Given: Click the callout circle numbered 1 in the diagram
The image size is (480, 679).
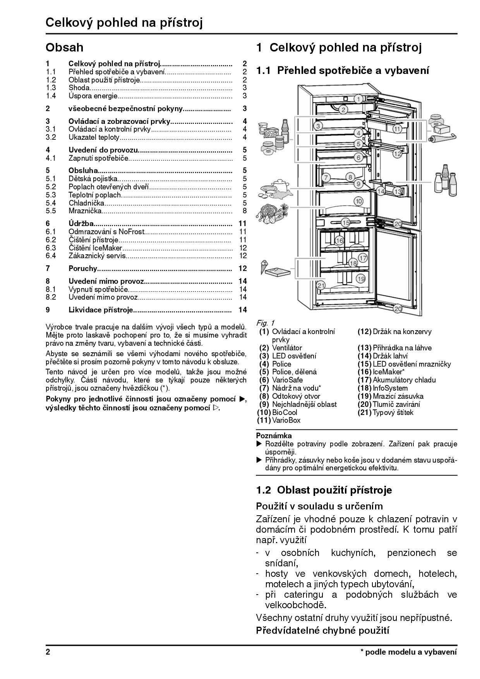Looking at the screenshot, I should pos(358,99).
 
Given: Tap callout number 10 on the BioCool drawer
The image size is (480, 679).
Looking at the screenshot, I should pos(358,201).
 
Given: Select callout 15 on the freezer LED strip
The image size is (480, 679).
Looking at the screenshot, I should pos(346,222).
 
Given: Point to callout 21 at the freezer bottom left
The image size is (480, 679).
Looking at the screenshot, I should pos(321,286).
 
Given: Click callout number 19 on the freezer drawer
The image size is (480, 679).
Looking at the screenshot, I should pos(361,278).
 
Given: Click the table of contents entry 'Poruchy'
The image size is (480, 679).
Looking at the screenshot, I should pos(82,268).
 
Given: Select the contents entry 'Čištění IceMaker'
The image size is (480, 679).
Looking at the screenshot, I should pos(95,248).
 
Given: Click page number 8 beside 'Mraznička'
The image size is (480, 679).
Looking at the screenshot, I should pos(244,211).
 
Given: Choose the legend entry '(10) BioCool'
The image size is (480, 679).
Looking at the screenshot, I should pos(277,412).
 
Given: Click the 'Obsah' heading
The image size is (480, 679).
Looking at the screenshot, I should pos(64,48).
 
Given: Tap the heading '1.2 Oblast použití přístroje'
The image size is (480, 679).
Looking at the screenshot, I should pos(324,490).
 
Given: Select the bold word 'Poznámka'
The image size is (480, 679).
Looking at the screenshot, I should pos(274,436).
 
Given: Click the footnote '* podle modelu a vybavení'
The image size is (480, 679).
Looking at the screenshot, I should pos(408,652).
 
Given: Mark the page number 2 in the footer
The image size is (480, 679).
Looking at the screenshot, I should pos(48,652).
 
